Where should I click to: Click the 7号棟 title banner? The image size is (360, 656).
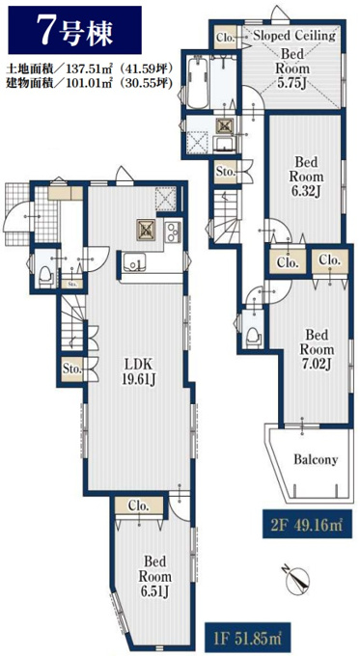74,30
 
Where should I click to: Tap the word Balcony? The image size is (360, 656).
316,459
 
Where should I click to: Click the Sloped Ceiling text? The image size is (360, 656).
294,36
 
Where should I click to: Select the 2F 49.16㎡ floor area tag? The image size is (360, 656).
303,523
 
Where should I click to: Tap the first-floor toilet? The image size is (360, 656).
45,276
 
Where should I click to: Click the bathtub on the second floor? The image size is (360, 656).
198,82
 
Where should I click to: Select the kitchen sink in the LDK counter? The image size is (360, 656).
134,262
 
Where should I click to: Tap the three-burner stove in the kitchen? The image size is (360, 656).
173,232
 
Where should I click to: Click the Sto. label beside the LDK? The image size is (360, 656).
71,369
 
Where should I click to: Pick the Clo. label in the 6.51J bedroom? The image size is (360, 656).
138,506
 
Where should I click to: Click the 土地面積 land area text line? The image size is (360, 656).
90,68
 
